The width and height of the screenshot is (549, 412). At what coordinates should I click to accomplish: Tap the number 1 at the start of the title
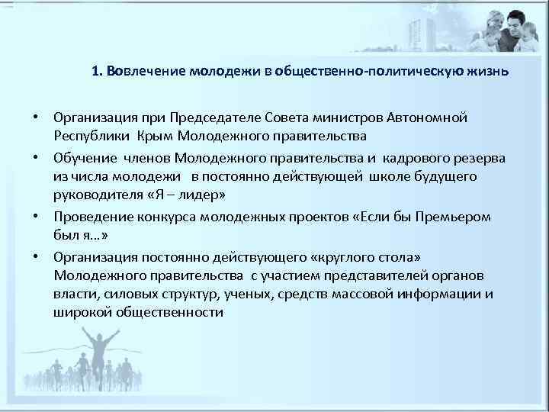(x=95, y=72)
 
